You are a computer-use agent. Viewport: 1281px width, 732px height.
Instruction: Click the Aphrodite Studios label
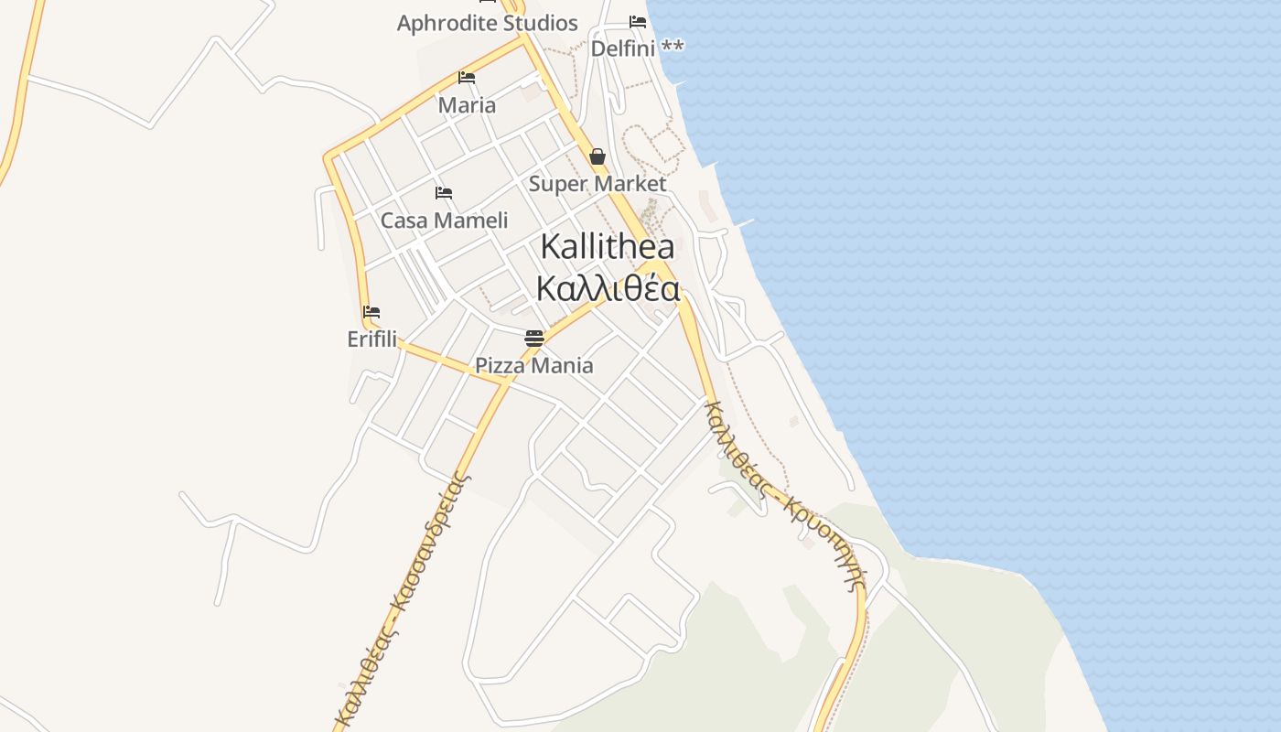pos(487,24)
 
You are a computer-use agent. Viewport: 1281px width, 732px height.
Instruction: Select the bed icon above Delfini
pos(638,22)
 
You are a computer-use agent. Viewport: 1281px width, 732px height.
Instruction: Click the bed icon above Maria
pos(467,78)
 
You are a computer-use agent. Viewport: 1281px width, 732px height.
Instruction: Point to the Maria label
pos(467,105)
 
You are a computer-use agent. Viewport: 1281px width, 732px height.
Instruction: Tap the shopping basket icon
pos(597,156)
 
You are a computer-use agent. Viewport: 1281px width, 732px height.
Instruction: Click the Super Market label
pos(597,184)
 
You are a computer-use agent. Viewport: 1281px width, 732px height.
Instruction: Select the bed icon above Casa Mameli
pos(444,193)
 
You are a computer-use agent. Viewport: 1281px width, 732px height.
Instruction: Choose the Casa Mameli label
pos(444,221)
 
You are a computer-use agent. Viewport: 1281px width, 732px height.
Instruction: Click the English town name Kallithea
pos(608,246)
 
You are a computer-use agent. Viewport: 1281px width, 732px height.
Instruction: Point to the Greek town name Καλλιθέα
pos(608,289)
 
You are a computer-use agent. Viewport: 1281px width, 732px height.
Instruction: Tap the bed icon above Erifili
pos(371,312)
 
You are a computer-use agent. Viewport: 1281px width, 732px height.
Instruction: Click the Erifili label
pos(372,339)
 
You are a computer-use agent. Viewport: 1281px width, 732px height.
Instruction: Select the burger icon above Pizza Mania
pos(534,339)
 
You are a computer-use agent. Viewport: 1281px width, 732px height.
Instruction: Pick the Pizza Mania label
pos(533,366)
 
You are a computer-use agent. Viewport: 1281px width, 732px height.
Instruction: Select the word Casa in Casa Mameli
pos(404,221)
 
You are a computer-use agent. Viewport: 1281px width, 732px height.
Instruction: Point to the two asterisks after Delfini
pos(673,47)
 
